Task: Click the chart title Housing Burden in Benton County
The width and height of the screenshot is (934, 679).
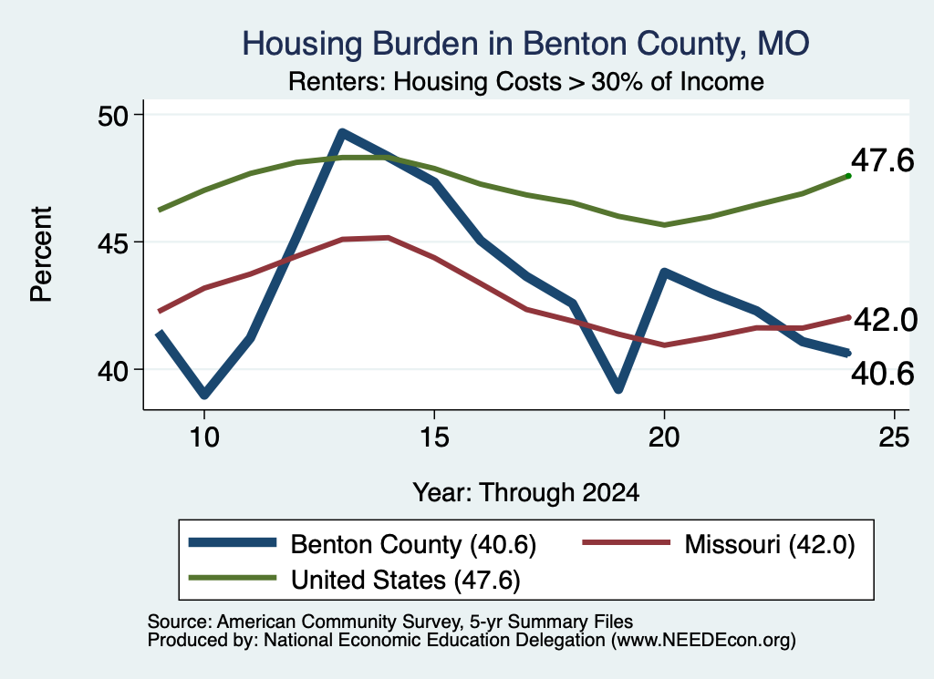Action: coord(525,45)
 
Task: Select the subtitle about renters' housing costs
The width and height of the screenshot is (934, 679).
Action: coord(526,81)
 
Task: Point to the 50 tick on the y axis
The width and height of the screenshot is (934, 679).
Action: coord(113,115)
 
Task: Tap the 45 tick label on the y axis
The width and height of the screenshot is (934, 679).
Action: coord(113,242)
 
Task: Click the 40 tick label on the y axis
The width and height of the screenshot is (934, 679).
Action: coord(113,370)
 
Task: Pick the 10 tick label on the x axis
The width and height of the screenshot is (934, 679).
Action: coord(204,437)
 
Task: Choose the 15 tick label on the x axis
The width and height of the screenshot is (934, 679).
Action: coord(434,437)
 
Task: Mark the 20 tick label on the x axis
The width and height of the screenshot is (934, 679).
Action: coord(664,437)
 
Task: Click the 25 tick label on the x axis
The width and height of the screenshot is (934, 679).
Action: coord(894,437)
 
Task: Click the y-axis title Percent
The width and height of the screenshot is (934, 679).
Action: coord(42,254)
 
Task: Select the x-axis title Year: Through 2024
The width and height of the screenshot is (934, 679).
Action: coord(526,493)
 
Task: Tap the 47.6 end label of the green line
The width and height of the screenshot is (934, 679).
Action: coord(882,160)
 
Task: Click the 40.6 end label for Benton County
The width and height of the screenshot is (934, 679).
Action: coord(882,374)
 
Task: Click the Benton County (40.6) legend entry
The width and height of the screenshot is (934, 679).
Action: coord(362,544)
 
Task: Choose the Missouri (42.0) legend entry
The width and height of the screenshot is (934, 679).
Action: coord(719,544)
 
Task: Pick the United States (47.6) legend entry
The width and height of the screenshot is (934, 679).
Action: coord(355,580)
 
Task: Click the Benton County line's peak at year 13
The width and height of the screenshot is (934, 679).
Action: coord(342,133)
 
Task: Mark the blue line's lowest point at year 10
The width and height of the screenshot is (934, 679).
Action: coord(204,394)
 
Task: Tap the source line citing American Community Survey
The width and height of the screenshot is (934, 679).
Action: coord(390,622)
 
